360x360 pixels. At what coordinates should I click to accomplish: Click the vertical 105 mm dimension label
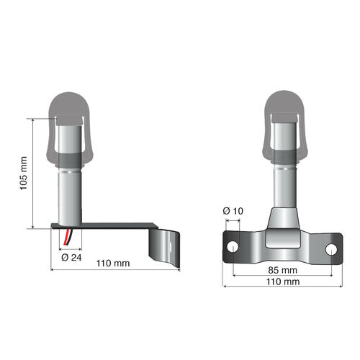(x=23, y=173)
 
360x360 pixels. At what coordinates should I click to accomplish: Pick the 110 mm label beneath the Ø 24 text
(x=113, y=264)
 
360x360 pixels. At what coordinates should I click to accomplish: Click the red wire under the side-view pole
(x=67, y=238)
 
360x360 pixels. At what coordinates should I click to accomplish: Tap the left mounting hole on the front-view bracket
(x=233, y=247)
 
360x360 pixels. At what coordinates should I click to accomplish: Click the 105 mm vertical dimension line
(x=34, y=173)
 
